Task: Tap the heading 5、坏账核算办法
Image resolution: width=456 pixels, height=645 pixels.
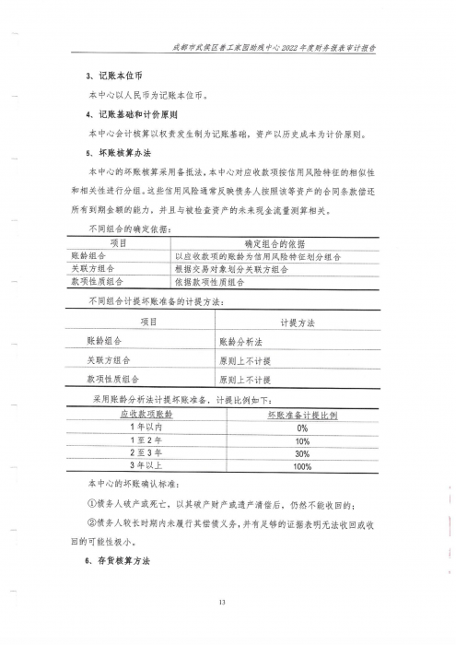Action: pos(114,154)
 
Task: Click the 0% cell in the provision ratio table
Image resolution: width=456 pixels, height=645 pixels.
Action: pos(301,428)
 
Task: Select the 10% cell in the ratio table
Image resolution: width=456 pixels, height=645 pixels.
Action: pos(301,440)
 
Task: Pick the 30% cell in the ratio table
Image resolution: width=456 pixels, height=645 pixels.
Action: pos(301,453)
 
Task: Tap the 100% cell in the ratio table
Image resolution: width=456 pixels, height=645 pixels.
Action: pos(301,467)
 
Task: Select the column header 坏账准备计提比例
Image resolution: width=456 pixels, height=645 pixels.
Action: pos(301,416)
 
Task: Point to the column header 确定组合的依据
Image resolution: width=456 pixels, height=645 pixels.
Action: pos(274,243)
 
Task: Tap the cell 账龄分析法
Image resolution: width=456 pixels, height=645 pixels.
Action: pos(242,341)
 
